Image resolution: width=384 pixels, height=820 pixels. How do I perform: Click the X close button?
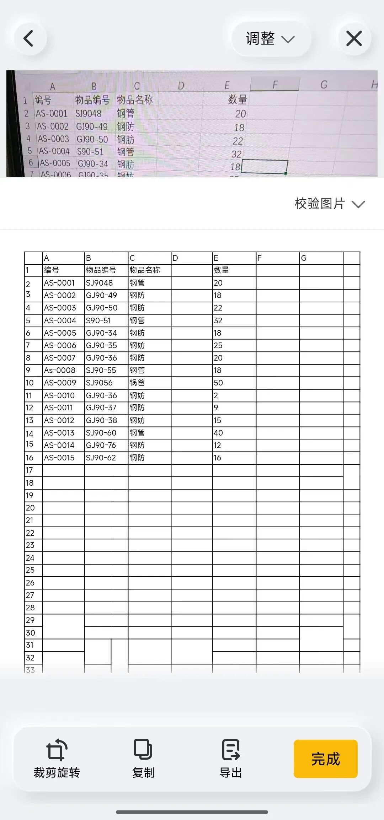tap(354, 38)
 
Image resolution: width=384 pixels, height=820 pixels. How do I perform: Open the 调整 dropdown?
tap(270, 38)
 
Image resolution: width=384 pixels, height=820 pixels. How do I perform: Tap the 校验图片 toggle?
tap(329, 204)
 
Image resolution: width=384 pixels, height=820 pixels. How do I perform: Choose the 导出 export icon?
tap(231, 750)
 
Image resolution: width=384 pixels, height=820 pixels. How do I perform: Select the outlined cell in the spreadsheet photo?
tap(265, 167)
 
